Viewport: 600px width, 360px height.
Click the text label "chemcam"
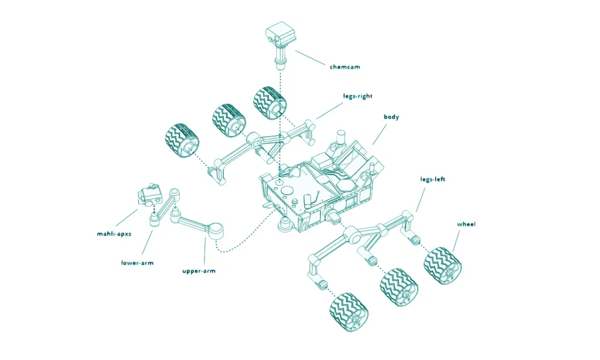pos(345,67)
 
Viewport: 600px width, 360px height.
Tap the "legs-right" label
pos(357,96)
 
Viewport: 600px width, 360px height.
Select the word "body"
pos(391,117)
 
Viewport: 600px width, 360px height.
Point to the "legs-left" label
pos(432,179)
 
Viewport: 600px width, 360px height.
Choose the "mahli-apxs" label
pos(114,234)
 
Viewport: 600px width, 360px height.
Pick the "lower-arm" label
pos(137,263)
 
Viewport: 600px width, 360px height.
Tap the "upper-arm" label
pos(199,271)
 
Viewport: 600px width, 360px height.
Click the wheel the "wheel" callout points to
pos(443,265)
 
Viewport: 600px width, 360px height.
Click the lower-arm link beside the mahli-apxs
pos(166,206)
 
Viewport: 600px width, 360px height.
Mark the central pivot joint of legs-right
pos(254,141)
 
